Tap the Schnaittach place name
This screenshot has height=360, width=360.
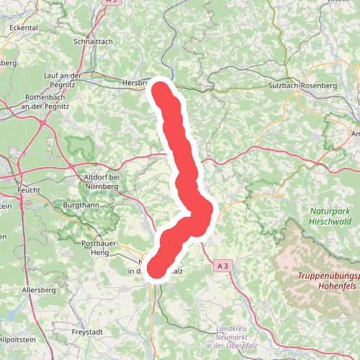(x=93, y=42)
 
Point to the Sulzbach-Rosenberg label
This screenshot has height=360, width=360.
(x=302, y=86)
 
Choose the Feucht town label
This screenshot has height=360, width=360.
(x=28, y=191)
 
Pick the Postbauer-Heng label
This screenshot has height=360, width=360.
(x=94, y=248)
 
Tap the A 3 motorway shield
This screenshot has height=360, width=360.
(x=224, y=266)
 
